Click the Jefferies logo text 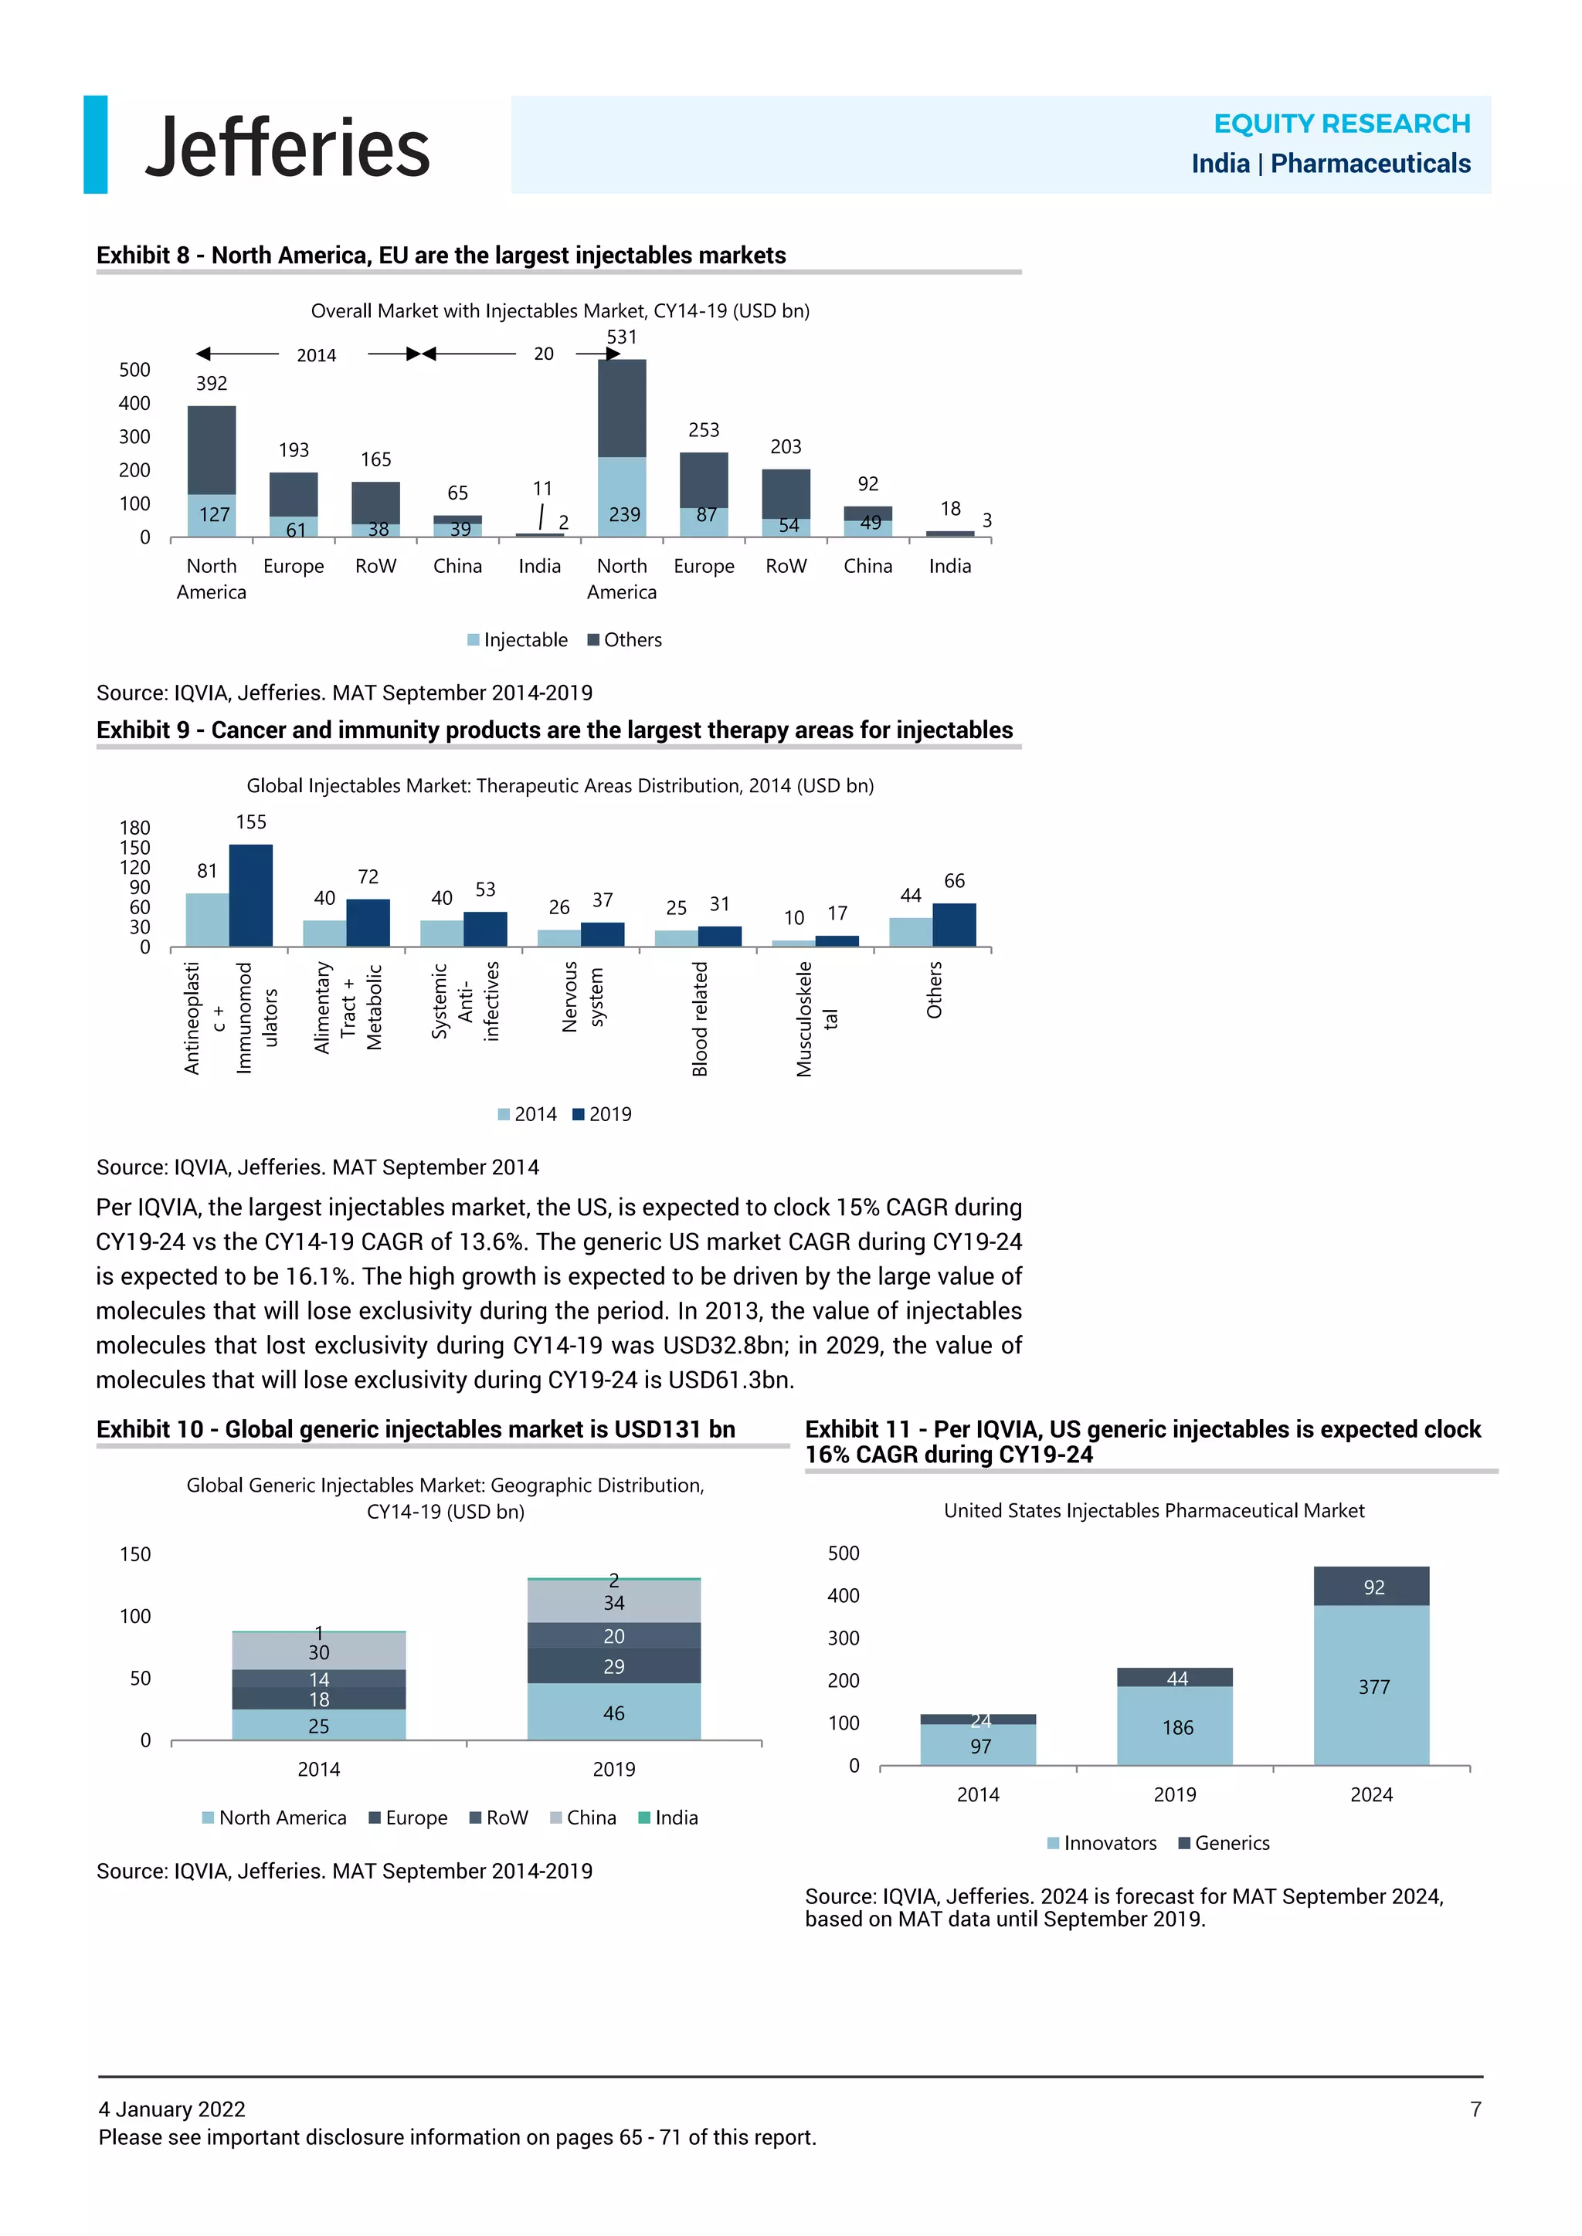[x=287, y=148]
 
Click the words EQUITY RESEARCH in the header [x=1342, y=124]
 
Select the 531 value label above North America [x=622, y=337]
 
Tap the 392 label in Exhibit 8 [x=212, y=384]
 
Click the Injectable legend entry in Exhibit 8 [x=518, y=640]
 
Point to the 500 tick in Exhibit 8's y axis [x=134, y=370]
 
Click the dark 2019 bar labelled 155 [x=250, y=896]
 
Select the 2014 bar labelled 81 [x=208, y=920]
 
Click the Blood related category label [x=699, y=1018]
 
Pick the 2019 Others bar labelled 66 [x=954, y=925]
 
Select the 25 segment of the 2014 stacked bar [x=318, y=1726]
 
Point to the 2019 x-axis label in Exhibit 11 [x=1175, y=1795]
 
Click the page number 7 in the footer [x=1475, y=2109]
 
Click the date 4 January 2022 [x=171, y=2109]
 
